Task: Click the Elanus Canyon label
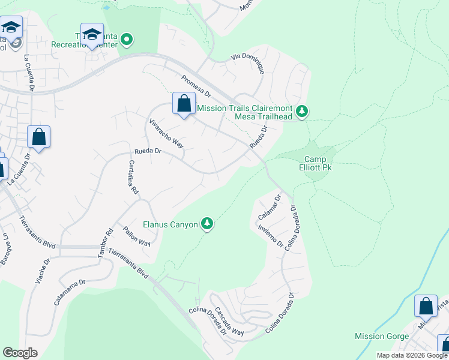pos(170,225)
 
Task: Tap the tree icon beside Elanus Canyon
pos(207,224)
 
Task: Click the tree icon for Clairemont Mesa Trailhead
pos(303,110)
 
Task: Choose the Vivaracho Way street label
pos(166,133)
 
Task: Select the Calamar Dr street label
pos(269,206)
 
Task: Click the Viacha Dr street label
pos(46,270)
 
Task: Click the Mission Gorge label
pos(382,336)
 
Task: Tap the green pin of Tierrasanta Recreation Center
pos(127,40)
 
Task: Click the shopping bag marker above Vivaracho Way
pos(184,103)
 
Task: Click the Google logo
pos(20,353)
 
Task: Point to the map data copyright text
pos(412,355)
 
